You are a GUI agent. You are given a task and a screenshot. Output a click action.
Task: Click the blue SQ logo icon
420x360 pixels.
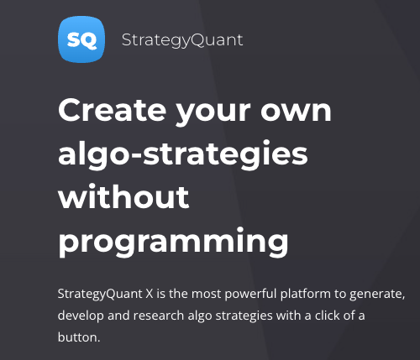(x=81, y=39)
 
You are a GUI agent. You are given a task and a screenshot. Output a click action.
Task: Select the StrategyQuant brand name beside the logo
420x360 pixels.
(x=182, y=40)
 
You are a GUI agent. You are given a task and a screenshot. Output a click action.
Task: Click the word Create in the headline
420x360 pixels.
(x=113, y=110)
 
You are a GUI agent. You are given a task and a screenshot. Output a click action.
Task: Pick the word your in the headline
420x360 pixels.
(x=213, y=112)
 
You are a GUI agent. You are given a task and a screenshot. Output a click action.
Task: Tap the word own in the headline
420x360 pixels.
(x=296, y=112)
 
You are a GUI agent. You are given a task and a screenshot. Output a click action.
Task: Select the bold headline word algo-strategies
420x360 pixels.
(x=183, y=154)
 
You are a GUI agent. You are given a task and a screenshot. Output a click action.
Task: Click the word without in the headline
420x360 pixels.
(x=123, y=196)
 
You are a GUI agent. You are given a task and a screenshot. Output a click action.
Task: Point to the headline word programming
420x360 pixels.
(x=173, y=242)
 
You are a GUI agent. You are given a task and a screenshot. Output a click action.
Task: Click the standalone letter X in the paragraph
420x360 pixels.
(x=150, y=294)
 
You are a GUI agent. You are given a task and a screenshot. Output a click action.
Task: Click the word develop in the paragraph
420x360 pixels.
(x=81, y=316)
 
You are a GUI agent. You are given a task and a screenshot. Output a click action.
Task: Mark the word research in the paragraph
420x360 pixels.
(x=159, y=316)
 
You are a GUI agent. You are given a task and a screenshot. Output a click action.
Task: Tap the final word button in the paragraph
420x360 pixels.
(x=79, y=337)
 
